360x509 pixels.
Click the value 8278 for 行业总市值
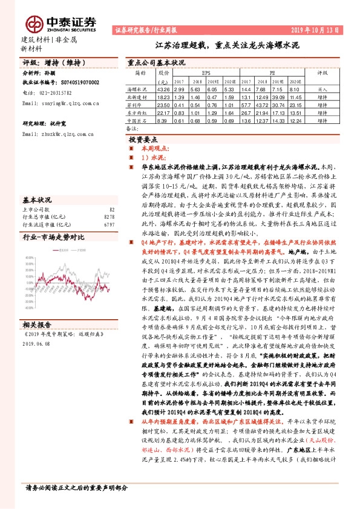[109, 216]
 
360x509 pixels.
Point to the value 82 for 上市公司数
[111, 208]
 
